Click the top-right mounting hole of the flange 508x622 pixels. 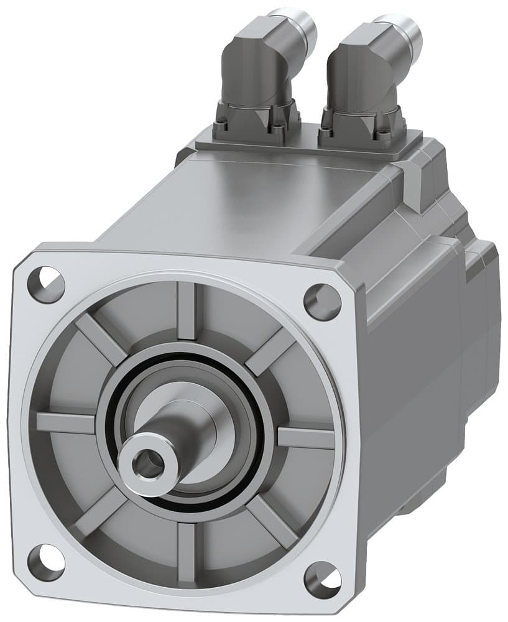(x=322, y=301)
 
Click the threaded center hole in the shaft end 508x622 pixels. (x=147, y=463)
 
